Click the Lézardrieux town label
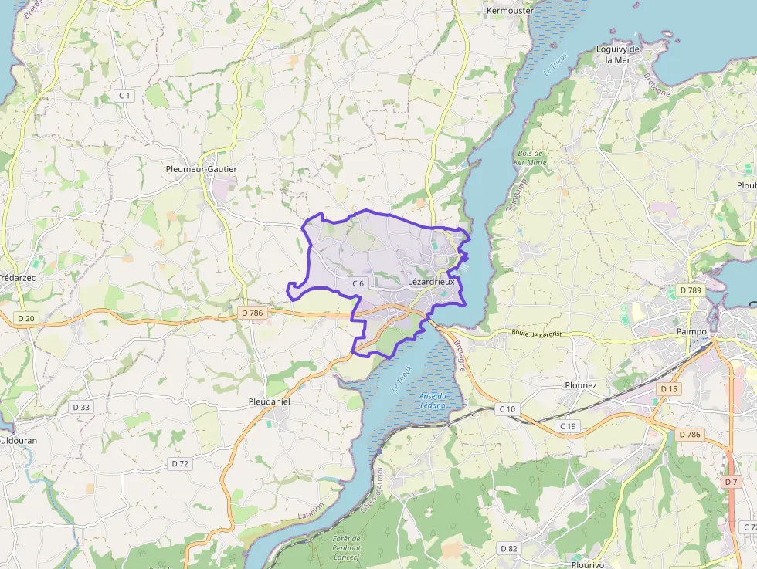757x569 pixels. pyautogui.click(x=431, y=283)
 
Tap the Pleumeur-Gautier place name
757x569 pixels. pyautogui.click(x=202, y=169)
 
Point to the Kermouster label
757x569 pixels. pyautogui.click(x=511, y=11)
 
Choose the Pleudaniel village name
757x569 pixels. pyautogui.click(x=270, y=402)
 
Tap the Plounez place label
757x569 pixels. pyautogui.click(x=581, y=385)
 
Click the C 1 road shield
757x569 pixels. pyautogui.click(x=124, y=95)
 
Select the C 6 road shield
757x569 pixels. pyautogui.click(x=358, y=284)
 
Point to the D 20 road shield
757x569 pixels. pyautogui.click(x=26, y=318)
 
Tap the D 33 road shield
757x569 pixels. pyautogui.click(x=80, y=407)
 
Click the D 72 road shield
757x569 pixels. pyautogui.click(x=179, y=463)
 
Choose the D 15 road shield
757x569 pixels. pyautogui.click(x=669, y=389)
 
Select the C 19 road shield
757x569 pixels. pyautogui.click(x=568, y=426)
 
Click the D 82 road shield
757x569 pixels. pyautogui.click(x=508, y=548)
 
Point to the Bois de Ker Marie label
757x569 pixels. pyautogui.click(x=531, y=158)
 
